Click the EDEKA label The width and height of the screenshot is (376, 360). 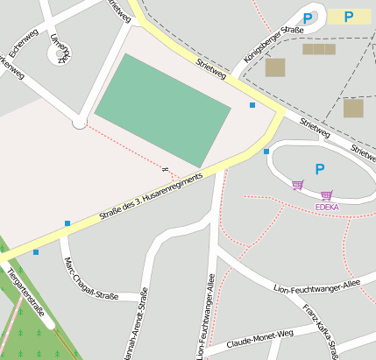coord(327,208)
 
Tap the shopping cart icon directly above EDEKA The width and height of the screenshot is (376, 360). coord(326,196)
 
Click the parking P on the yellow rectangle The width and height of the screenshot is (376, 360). coord(349,17)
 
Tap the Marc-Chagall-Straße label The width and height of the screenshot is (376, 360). coord(92,279)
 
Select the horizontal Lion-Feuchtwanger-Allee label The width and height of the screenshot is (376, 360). coord(317,286)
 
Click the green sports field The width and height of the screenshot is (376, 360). coord(163,109)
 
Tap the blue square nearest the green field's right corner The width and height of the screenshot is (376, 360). coord(252,105)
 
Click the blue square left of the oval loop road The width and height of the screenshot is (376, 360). coord(266,152)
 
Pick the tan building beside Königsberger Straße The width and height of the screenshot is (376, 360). coord(275,67)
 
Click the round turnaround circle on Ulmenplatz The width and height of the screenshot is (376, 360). coord(60,54)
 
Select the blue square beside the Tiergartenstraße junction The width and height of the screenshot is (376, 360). coord(36,252)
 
